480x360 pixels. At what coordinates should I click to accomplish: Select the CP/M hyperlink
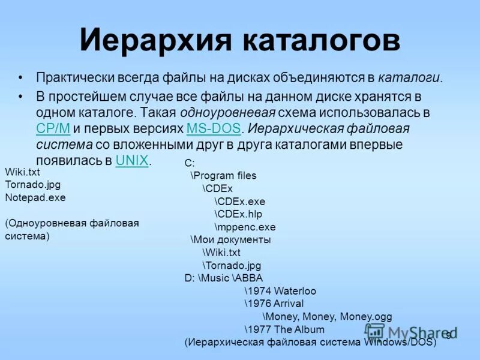pyautogui.click(x=53, y=128)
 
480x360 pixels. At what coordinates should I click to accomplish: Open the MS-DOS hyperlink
pyautogui.click(x=214, y=128)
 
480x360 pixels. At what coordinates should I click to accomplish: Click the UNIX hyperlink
pyautogui.click(x=131, y=160)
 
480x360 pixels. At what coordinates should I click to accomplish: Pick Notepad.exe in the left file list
pyautogui.click(x=35, y=197)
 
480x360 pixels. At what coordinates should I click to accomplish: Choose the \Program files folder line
pyautogui.click(x=223, y=176)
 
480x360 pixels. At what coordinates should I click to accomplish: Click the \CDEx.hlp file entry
pyautogui.click(x=238, y=214)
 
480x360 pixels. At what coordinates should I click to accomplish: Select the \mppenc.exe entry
pyautogui.click(x=245, y=227)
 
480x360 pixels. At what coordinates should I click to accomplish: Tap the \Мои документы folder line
pyautogui.click(x=230, y=240)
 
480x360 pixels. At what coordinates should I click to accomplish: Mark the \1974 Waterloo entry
pyautogui.click(x=280, y=291)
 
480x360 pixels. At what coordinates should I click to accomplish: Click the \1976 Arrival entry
pyautogui.click(x=274, y=304)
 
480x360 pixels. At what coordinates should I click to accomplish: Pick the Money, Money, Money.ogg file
pyautogui.click(x=327, y=316)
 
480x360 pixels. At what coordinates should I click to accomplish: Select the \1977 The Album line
pyautogui.click(x=284, y=329)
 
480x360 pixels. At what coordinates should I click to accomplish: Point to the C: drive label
pyautogui.click(x=190, y=163)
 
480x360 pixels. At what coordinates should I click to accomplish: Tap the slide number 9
pyautogui.click(x=448, y=335)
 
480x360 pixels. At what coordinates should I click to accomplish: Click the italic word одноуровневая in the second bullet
pyautogui.click(x=238, y=112)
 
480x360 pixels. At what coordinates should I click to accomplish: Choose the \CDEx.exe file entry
pyautogui.click(x=239, y=202)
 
